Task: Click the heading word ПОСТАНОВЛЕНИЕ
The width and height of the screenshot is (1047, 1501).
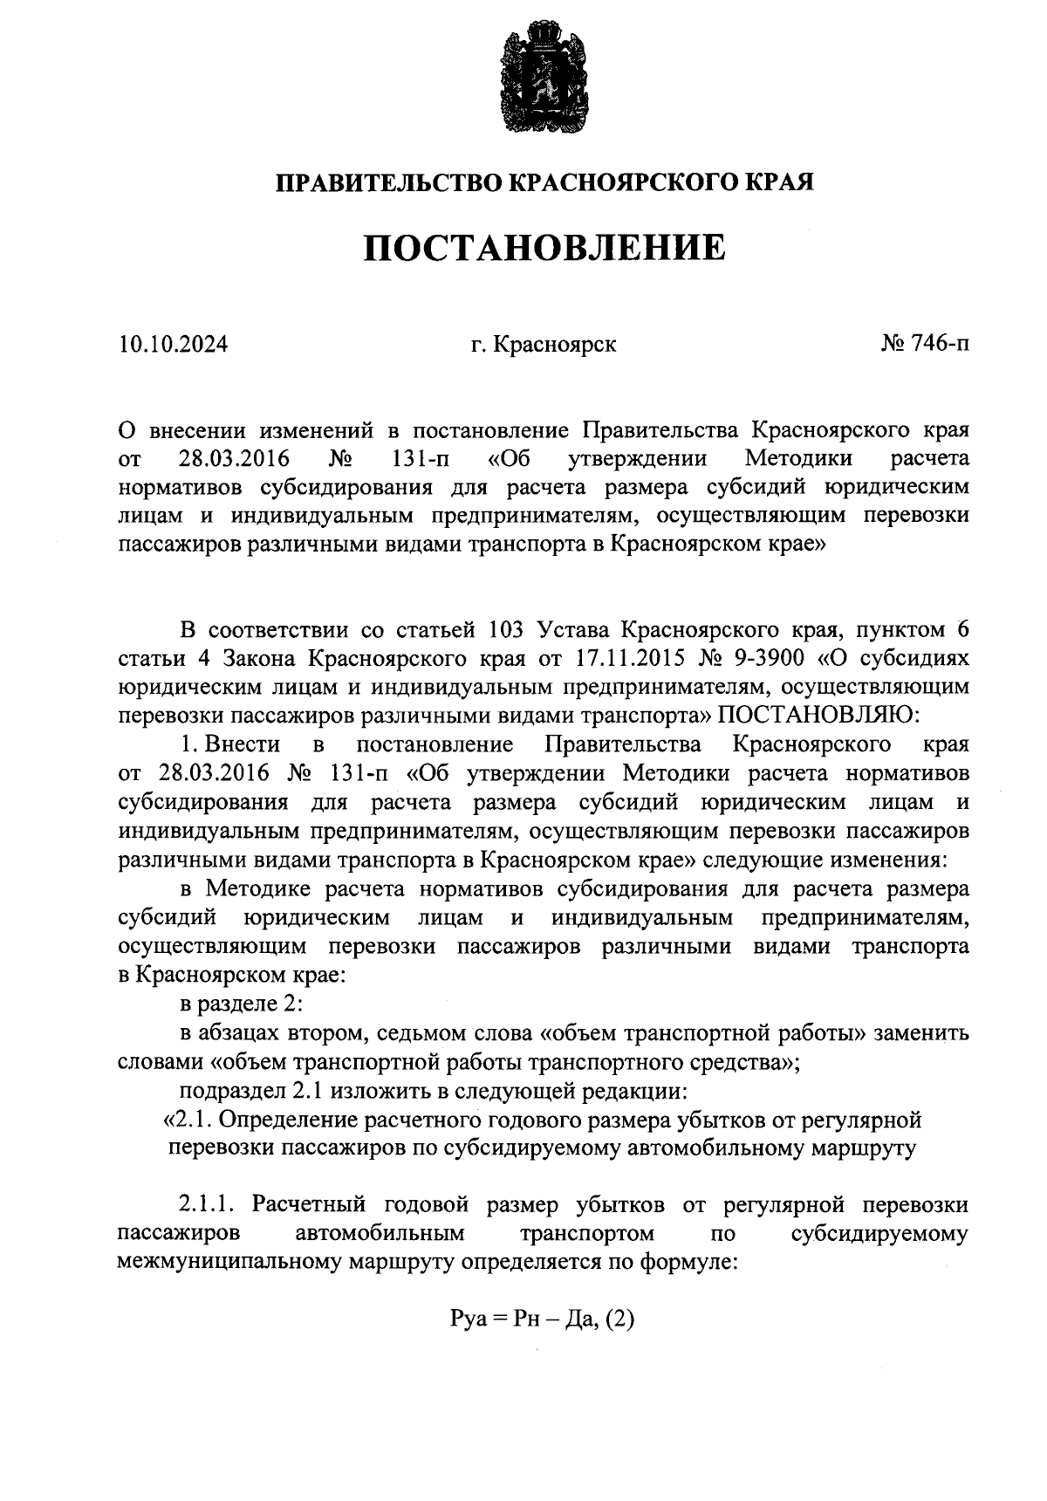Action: click(544, 248)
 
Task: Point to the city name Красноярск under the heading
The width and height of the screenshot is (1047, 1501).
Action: click(555, 344)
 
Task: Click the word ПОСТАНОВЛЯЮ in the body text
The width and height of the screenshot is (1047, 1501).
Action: click(818, 716)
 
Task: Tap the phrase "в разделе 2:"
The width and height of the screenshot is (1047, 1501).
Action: click(241, 1004)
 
